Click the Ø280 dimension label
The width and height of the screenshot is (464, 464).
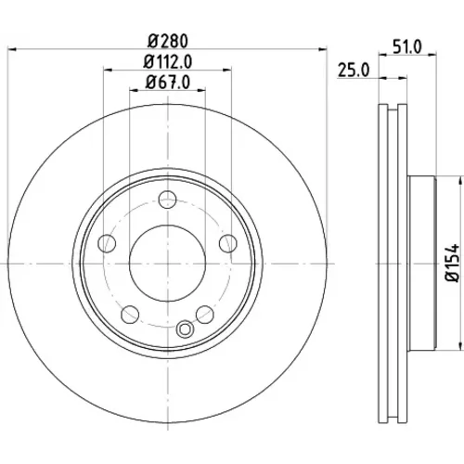coord(168,41)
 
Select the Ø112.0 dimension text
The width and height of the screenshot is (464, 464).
coord(168,61)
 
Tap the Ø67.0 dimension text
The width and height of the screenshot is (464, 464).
coord(168,83)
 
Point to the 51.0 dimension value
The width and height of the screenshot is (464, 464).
coord(407,47)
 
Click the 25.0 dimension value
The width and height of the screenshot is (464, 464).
coord(354,71)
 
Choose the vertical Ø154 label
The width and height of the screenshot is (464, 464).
coord(453,263)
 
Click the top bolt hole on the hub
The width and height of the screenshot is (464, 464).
coord(167,200)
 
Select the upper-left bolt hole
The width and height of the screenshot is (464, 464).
coord(107,243)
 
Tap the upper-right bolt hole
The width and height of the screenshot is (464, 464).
coord(228,243)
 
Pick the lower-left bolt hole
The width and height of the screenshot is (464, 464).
coord(130,315)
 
